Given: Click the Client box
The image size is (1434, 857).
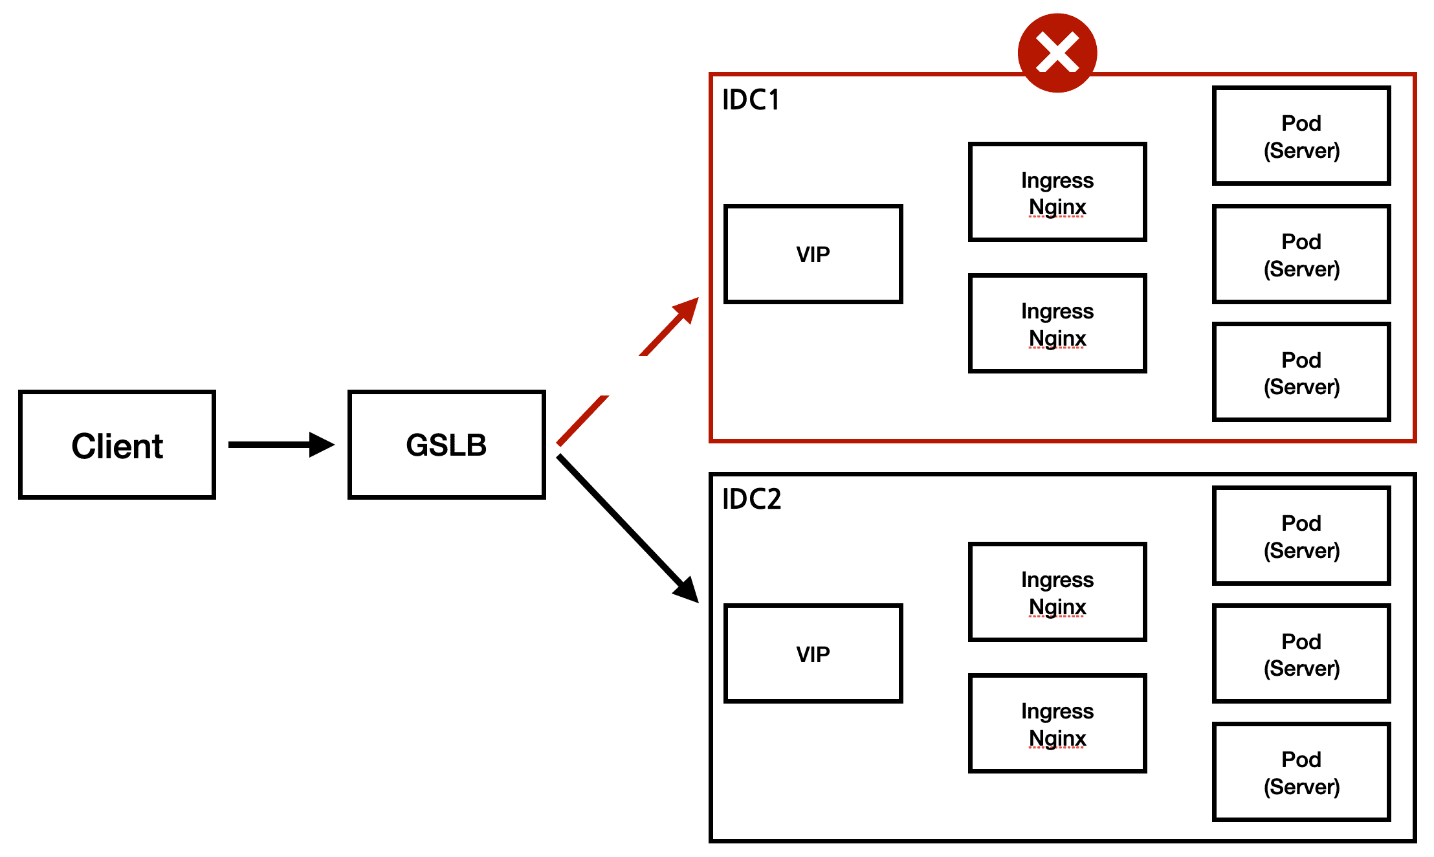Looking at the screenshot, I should [117, 445].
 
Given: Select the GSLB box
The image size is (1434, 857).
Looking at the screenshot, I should [447, 445].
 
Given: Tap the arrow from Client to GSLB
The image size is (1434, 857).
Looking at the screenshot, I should [281, 445].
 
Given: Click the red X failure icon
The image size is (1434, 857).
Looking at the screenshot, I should [1057, 52].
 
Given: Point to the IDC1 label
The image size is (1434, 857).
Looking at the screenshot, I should [751, 100].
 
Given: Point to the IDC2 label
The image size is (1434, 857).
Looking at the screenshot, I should [751, 499].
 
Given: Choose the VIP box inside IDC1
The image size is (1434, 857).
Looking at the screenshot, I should [813, 254].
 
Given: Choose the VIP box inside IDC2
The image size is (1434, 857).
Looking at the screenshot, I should [813, 654].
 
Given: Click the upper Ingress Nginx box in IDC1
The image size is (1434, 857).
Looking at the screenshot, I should [1057, 192].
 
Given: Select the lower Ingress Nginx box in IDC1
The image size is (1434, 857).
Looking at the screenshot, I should [1057, 324].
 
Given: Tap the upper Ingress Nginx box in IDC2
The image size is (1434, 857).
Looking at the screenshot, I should [1057, 592].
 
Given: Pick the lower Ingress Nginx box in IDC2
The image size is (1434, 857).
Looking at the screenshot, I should [1057, 724].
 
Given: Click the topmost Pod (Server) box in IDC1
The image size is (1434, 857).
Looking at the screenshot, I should [1301, 136].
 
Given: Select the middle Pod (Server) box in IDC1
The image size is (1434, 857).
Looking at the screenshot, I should [1301, 254].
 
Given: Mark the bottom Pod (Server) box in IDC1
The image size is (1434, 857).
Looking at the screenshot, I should [1301, 372].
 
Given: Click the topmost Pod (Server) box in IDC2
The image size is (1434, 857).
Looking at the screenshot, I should [1301, 536].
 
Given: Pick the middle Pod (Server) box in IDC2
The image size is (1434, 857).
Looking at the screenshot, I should [1301, 654].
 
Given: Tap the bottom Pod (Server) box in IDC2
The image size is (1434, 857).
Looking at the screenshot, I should [1301, 772].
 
